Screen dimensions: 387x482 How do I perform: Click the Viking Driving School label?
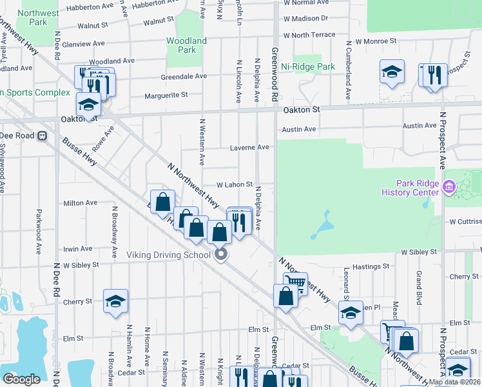click(169, 254)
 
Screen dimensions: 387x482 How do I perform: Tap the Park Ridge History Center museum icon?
click(449, 188)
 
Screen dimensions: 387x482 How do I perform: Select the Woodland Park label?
click(186, 45)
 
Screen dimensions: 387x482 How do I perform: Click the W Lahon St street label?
click(234, 184)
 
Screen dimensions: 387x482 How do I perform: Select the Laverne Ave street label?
click(249, 148)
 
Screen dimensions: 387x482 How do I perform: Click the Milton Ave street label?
click(80, 203)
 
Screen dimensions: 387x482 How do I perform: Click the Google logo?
click(21, 379)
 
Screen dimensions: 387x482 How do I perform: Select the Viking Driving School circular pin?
click(221, 254)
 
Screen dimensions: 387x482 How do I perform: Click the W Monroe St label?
click(376, 41)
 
